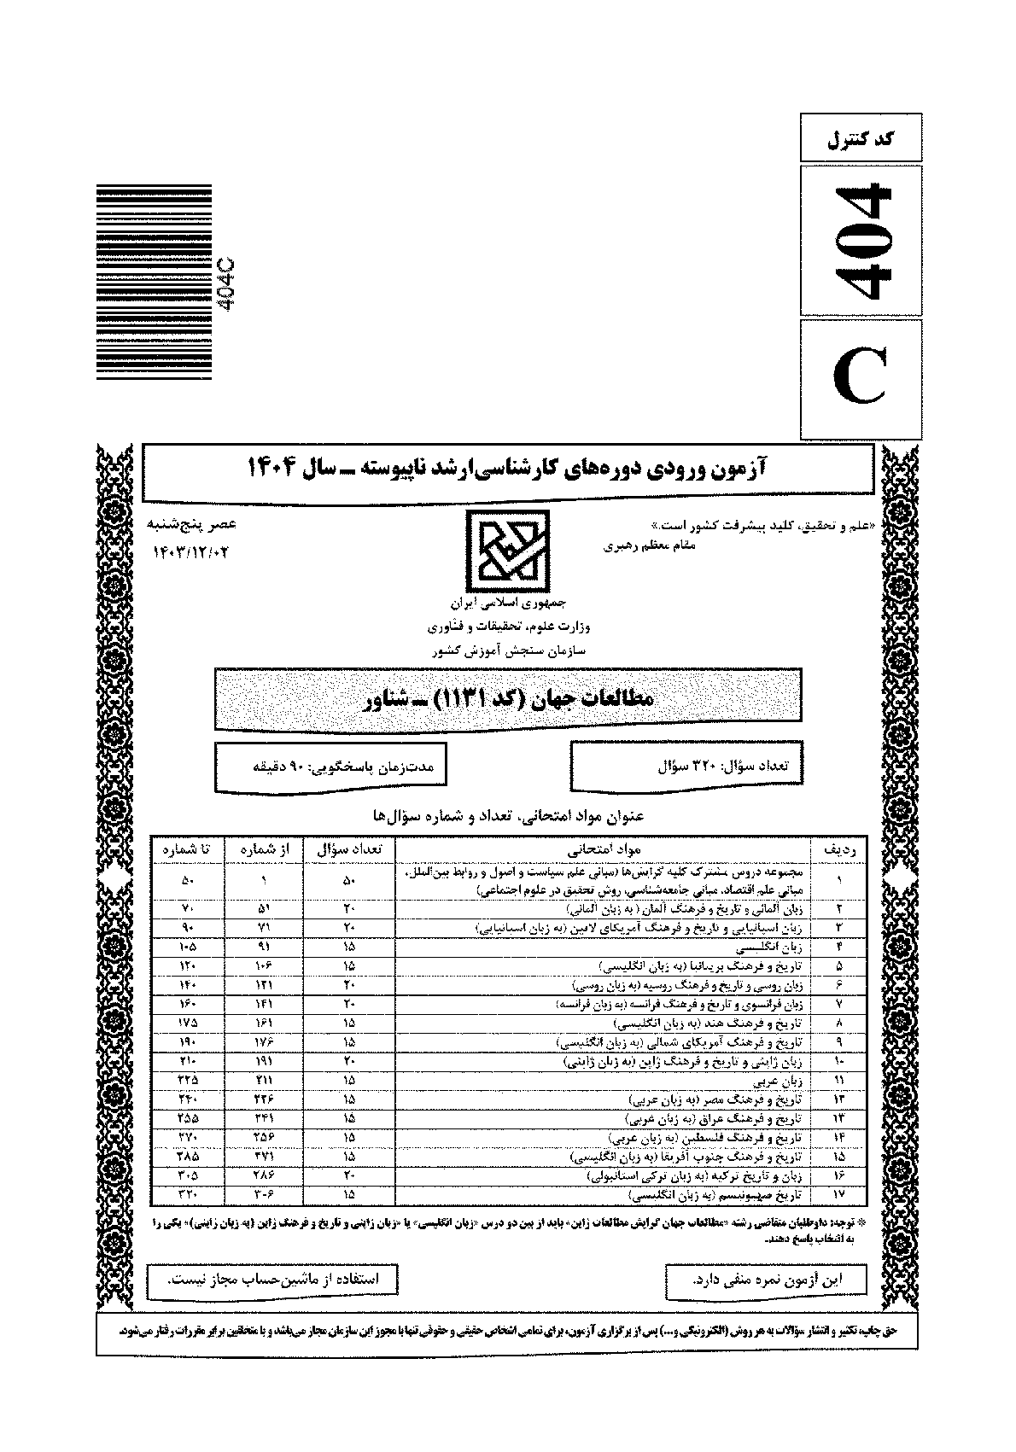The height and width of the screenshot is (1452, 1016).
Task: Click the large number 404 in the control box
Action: point(861,242)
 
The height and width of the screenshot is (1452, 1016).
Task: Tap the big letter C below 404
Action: point(861,380)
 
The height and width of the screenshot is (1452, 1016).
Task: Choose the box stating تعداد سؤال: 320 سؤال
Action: point(687,766)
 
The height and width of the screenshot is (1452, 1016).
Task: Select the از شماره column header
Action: point(265,849)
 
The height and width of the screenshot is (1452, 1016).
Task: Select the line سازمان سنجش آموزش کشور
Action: point(509,650)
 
